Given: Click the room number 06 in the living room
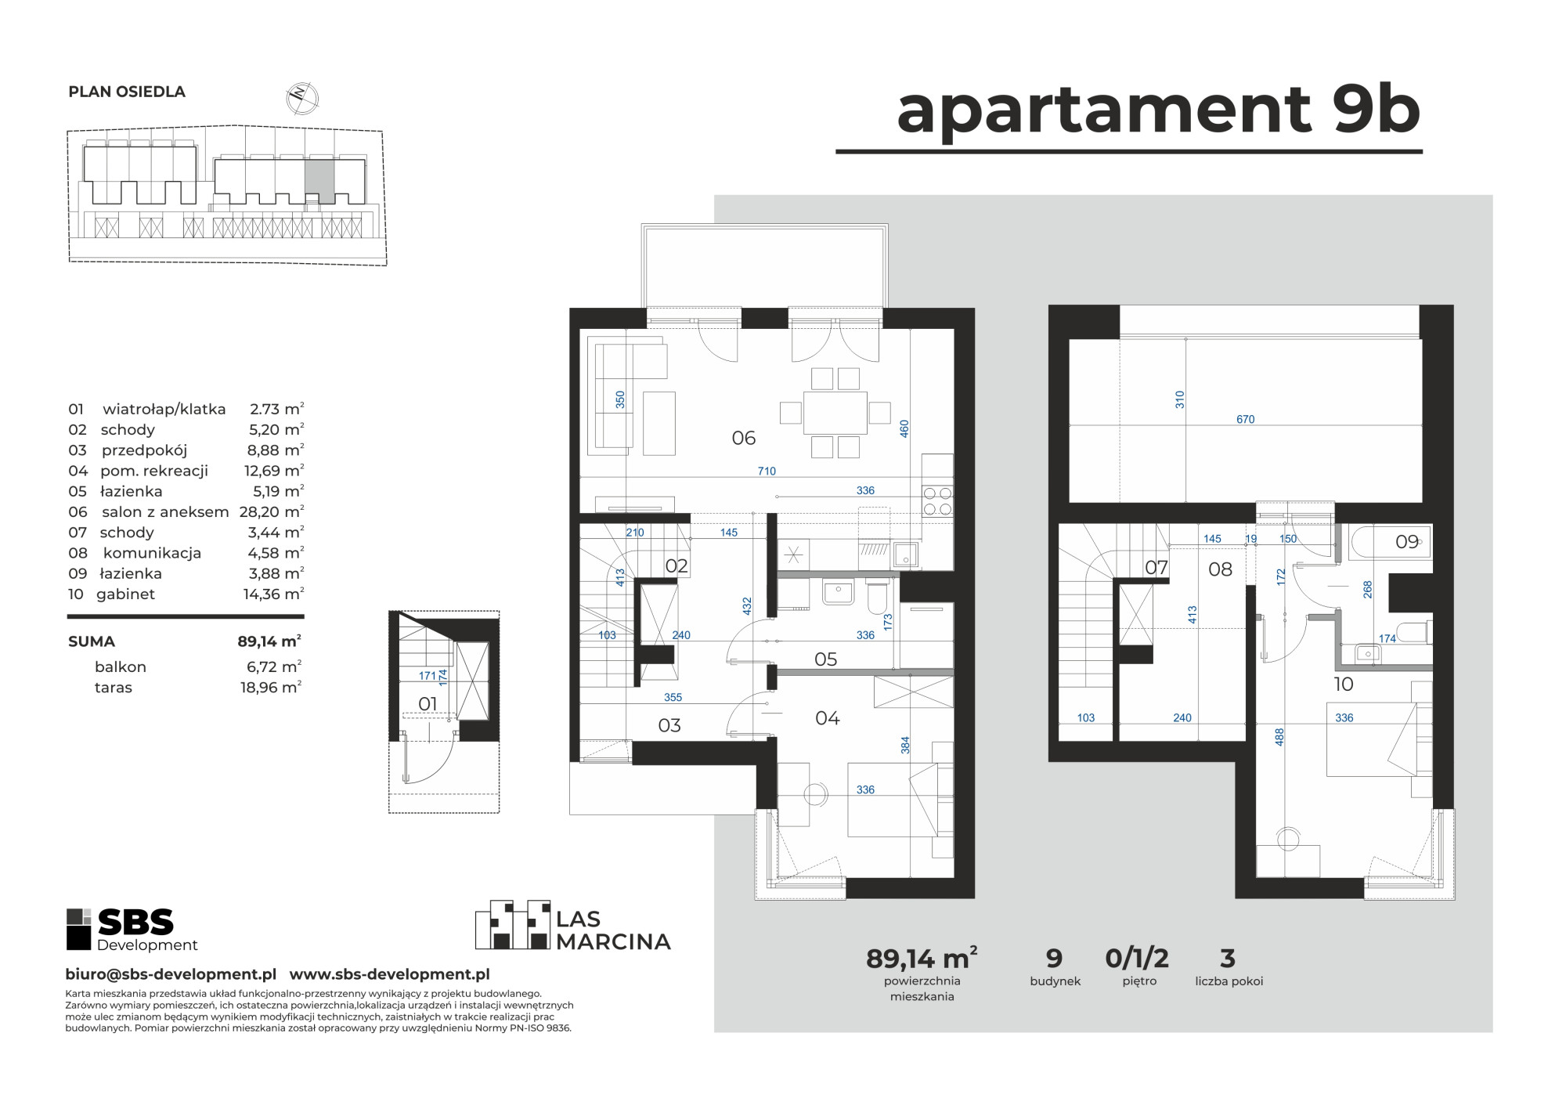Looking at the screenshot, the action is pos(743,438).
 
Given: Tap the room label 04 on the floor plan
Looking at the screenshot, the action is pos(827,717).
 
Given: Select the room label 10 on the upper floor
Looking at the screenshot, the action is pos(1344,685).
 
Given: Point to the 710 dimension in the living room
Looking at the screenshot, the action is pos(767,471).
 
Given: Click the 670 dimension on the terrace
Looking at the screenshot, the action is pos(1245,419).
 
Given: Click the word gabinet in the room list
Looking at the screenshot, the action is pos(126,594).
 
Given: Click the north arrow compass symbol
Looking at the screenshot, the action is pos(301,96).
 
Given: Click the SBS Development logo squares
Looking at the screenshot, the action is pos(79,928).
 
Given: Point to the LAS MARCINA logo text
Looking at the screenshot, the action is pos(613,930).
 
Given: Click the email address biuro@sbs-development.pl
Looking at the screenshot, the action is pos(171,974).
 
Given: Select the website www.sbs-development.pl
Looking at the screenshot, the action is pos(390,974).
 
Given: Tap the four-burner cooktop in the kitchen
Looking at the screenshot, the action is pos(938,500).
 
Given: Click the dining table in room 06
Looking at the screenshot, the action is pos(835,412).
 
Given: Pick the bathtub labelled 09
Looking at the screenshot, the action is pos(1391,541).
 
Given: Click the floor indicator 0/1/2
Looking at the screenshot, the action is pos(1137,957).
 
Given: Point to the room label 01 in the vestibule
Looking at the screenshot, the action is pos(428,703).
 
